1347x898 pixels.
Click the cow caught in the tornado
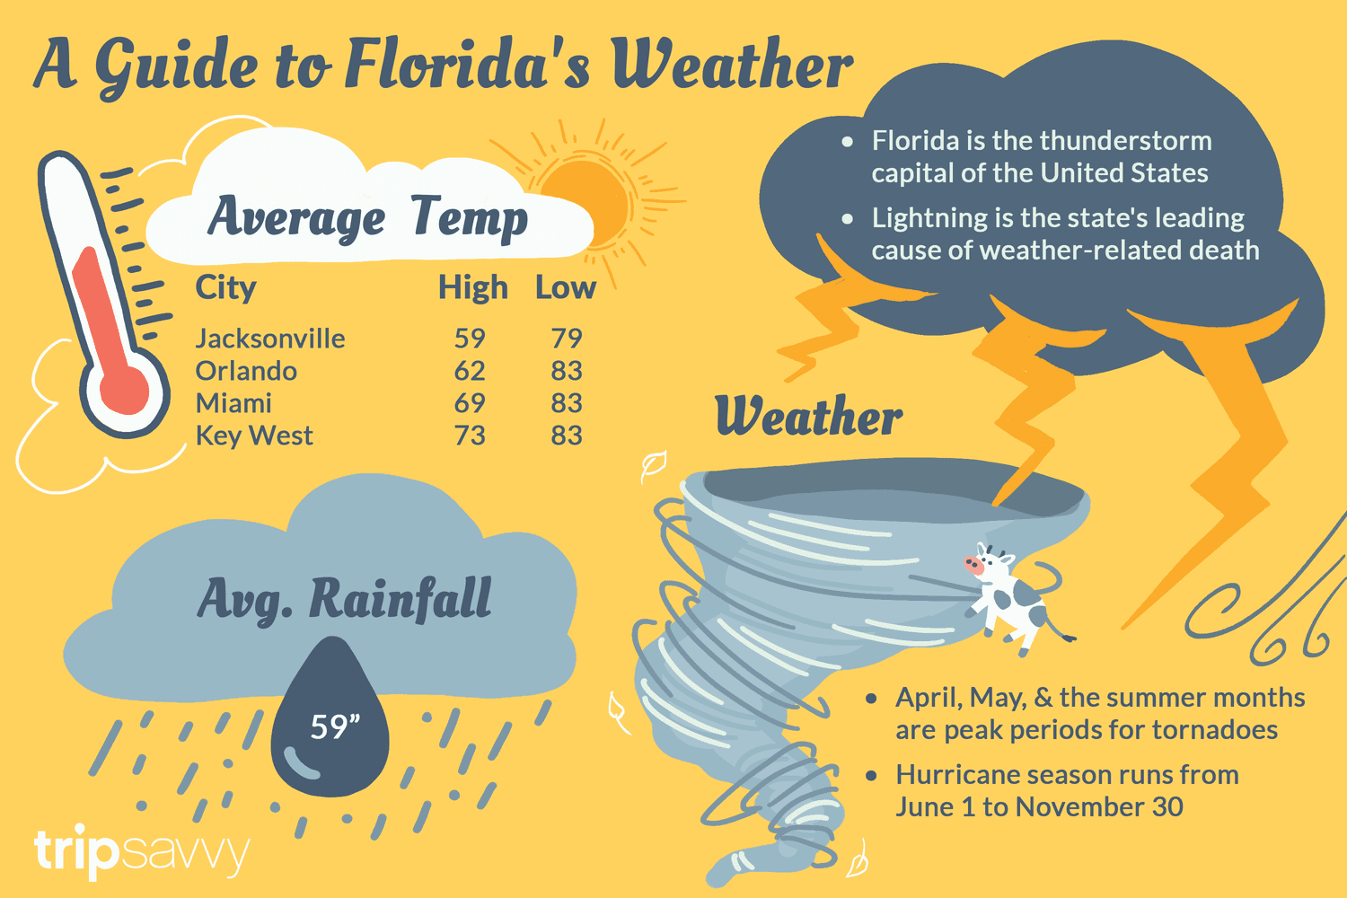(x=1010, y=597)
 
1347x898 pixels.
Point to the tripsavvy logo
(x=141, y=850)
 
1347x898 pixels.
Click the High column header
(x=472, y=288)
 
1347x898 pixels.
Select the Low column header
(x=565, y=288)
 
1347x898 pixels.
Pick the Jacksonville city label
(x=270, y=339)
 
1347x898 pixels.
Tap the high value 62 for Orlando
(x=470, y=371)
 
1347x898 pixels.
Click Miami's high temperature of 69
(x=470, y=403)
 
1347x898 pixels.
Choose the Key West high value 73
(x=470, y=436)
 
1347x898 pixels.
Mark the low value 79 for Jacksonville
(x=567, y=339)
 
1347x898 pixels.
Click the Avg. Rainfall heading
(x=345, y=600)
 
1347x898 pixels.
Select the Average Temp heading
(x=368, y=217)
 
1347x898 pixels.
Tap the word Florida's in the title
(x=467, y=65)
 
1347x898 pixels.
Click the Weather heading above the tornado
(x=808, y=418)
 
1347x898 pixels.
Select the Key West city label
(x=254, y=436)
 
